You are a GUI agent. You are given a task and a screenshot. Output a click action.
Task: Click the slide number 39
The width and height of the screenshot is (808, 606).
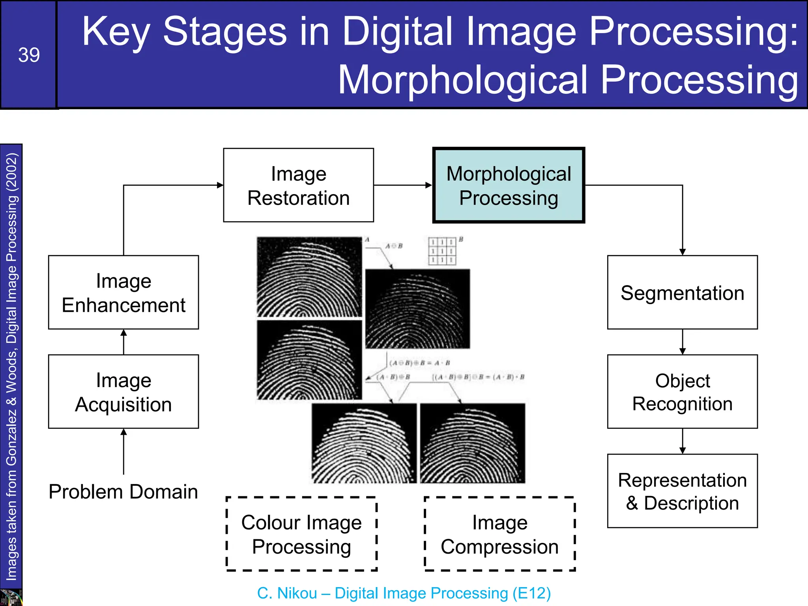point(29,55)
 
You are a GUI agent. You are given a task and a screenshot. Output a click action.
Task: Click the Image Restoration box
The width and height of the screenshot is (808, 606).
point(298,185)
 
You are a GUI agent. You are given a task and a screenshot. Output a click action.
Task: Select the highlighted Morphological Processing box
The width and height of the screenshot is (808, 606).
point(509,185)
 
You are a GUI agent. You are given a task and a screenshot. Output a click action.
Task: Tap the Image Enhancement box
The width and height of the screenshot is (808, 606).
point(123,292)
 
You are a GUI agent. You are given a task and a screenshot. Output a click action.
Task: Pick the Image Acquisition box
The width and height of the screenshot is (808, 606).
point(123,392)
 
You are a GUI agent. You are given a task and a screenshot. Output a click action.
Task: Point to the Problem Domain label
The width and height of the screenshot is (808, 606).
point(123,492)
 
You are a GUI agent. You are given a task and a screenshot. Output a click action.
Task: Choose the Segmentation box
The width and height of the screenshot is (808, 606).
point(682,292)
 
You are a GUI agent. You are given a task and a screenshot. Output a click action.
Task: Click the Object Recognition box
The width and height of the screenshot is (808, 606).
point(682,392)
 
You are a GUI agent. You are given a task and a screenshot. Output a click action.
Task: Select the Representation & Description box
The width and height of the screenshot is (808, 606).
point(682,491)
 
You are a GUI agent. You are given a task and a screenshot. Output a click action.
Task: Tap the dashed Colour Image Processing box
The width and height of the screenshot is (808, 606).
point(301,534)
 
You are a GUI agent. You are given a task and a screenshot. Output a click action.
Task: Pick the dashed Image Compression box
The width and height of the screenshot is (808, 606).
point(499,534)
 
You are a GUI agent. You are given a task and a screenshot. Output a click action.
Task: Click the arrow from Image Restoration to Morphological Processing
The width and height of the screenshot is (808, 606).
point(403,185)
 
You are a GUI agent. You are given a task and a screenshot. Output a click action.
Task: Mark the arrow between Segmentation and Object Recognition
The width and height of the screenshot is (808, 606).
point(683,342)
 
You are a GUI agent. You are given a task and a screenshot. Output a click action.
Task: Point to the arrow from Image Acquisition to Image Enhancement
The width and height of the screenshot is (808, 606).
point(123,342)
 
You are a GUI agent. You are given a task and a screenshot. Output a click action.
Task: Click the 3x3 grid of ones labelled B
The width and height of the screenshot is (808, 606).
point(442,251)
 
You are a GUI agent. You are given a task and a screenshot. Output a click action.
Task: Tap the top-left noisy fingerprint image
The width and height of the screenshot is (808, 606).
point(309,277)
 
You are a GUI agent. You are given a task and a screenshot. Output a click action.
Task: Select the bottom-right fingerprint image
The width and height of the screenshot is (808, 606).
point(472,443)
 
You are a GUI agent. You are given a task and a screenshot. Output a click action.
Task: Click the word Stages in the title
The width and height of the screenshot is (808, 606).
point(225,32)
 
